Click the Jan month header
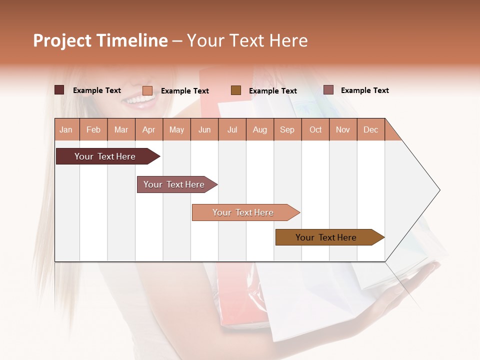click(66, 129)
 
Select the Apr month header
click(149, 129)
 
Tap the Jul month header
click(232, 129)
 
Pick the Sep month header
click(287, 129)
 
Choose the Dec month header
click(370, 129)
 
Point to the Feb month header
click(93, 129)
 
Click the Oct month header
click(315, 129)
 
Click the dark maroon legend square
click(59, 90)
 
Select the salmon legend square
click(147, 90)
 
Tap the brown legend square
click(236, 90)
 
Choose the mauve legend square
click(328, 90)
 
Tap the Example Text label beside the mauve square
click(364, 90)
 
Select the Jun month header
click(204, 129)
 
